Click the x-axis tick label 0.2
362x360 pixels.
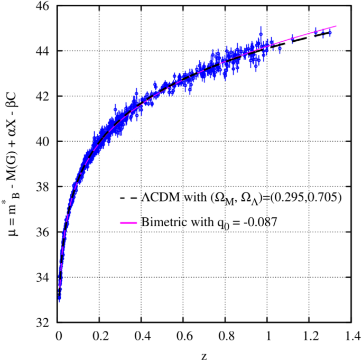point(99,335)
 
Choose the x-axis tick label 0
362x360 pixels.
point(58,335)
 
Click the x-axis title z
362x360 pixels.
point(204,354)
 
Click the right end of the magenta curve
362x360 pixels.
point(336,26)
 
